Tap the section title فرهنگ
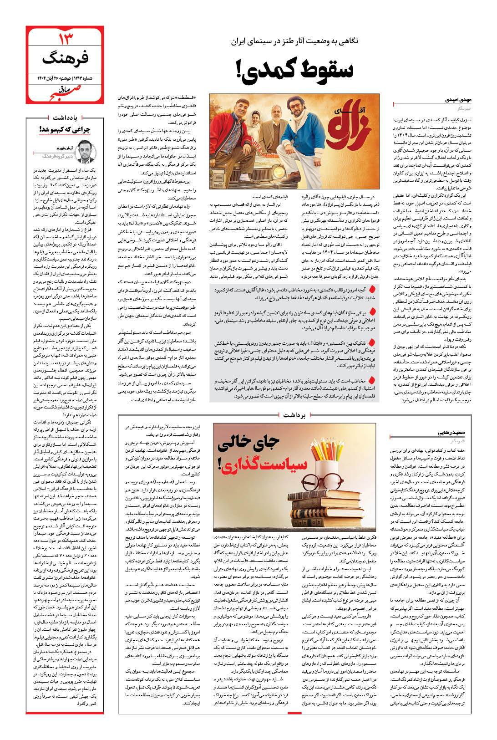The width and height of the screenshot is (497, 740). [67, 58]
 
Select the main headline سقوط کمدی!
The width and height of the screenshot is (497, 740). [296, 71]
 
